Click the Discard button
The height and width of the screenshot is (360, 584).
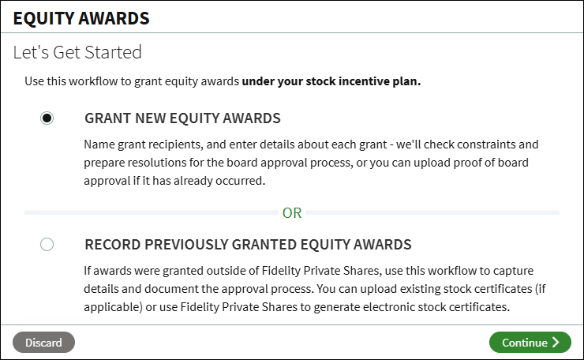pos(43,342)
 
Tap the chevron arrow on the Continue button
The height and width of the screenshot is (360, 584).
pos(556,342)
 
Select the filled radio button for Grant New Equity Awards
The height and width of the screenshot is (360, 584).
pos(47,118)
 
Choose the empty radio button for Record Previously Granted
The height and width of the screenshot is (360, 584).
pos(47,245)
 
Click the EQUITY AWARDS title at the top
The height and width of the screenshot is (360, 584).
pos(81,18)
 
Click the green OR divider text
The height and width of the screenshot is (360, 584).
pos(292,213)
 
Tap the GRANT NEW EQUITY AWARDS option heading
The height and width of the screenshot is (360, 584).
pos(182,118)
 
